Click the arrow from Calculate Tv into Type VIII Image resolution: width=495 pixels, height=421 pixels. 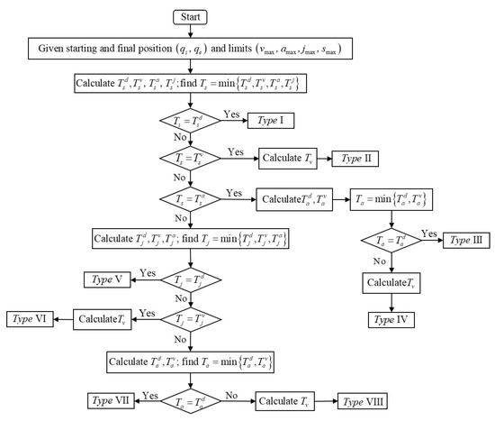327,398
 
